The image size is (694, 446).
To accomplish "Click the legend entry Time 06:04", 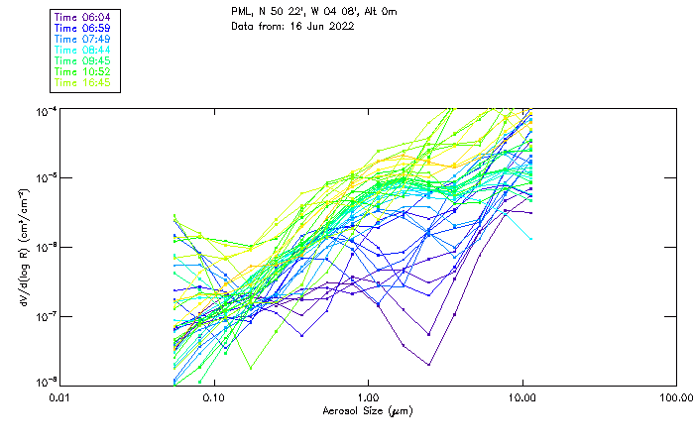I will pos(83,17).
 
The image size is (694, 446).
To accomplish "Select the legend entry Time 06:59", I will pos(83,28).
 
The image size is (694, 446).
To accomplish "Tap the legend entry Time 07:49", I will pos(83,39).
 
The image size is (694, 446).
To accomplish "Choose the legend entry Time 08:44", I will pos(83,50).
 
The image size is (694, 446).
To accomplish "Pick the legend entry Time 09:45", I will pos(83,60).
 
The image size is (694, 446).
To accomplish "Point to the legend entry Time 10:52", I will pos(83,71).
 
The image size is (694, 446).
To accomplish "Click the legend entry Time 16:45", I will pos(83,82).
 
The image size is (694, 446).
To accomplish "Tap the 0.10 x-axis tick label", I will pos(213,397).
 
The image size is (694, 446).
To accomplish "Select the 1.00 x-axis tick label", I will pos(368,397).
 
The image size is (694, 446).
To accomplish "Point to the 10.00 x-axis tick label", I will pos(522,397).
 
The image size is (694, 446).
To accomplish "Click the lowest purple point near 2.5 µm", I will pos(429,364).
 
